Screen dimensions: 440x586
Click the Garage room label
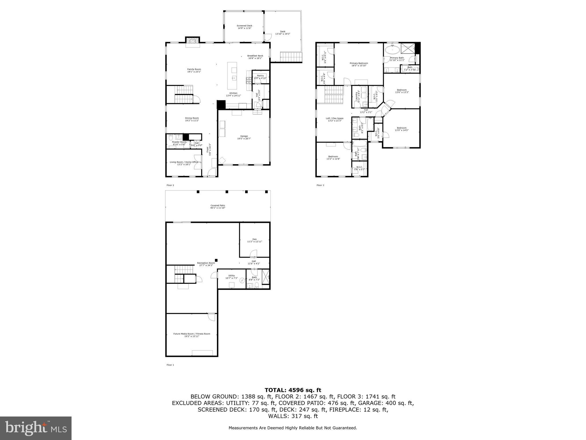pos(244,137)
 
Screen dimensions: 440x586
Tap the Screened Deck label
pos(244,27)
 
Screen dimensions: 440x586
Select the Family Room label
pos(194,70)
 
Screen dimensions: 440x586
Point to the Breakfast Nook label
pos(255,57)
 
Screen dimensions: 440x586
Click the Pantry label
pos(260,77)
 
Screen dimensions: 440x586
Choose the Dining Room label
pos(192,119)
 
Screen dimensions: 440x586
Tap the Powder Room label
pos(179,143)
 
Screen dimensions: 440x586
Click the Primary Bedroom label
pos(359,64)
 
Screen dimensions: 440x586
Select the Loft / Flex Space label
pos(334,119)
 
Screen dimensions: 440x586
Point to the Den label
pos(254,240)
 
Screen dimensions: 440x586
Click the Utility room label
pos(231,277)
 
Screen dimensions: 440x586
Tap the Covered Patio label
pos(218,207)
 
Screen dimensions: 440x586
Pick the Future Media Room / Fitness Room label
pos(191,335)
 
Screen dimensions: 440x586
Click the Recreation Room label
pos(206,264)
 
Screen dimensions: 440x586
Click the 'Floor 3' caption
pos(320,185)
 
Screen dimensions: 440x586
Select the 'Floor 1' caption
pos(170,365)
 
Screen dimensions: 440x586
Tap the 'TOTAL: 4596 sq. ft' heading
pos(293,390)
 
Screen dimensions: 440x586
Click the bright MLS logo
pos(36,428)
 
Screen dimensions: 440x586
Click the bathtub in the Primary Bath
pos(392,50)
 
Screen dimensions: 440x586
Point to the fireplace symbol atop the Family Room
pos(192,42)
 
